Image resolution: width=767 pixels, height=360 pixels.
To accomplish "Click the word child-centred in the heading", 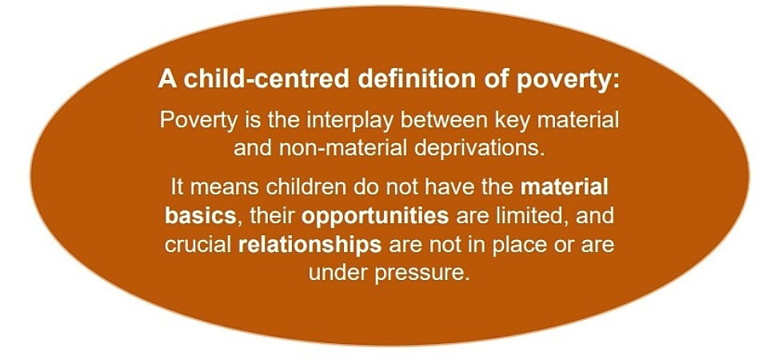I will pos(248,80).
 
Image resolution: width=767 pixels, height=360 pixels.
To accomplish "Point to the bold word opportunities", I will pos(375,218).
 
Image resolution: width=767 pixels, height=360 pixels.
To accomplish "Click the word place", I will pos(497,246).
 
